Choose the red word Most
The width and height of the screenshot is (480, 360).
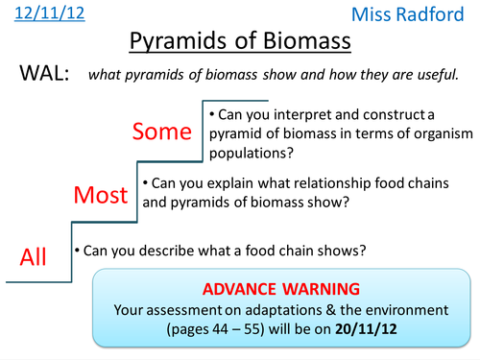[101, 195]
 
